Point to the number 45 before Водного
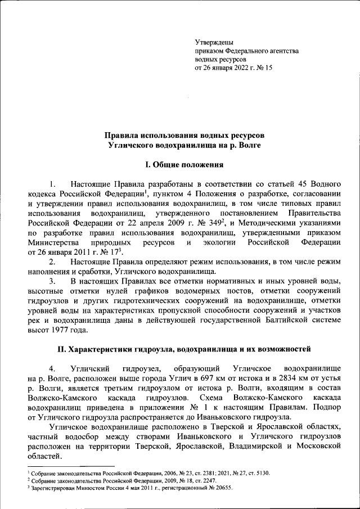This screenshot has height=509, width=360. [x=298, y=184]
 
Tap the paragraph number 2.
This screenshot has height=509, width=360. [x=52, y=262]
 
